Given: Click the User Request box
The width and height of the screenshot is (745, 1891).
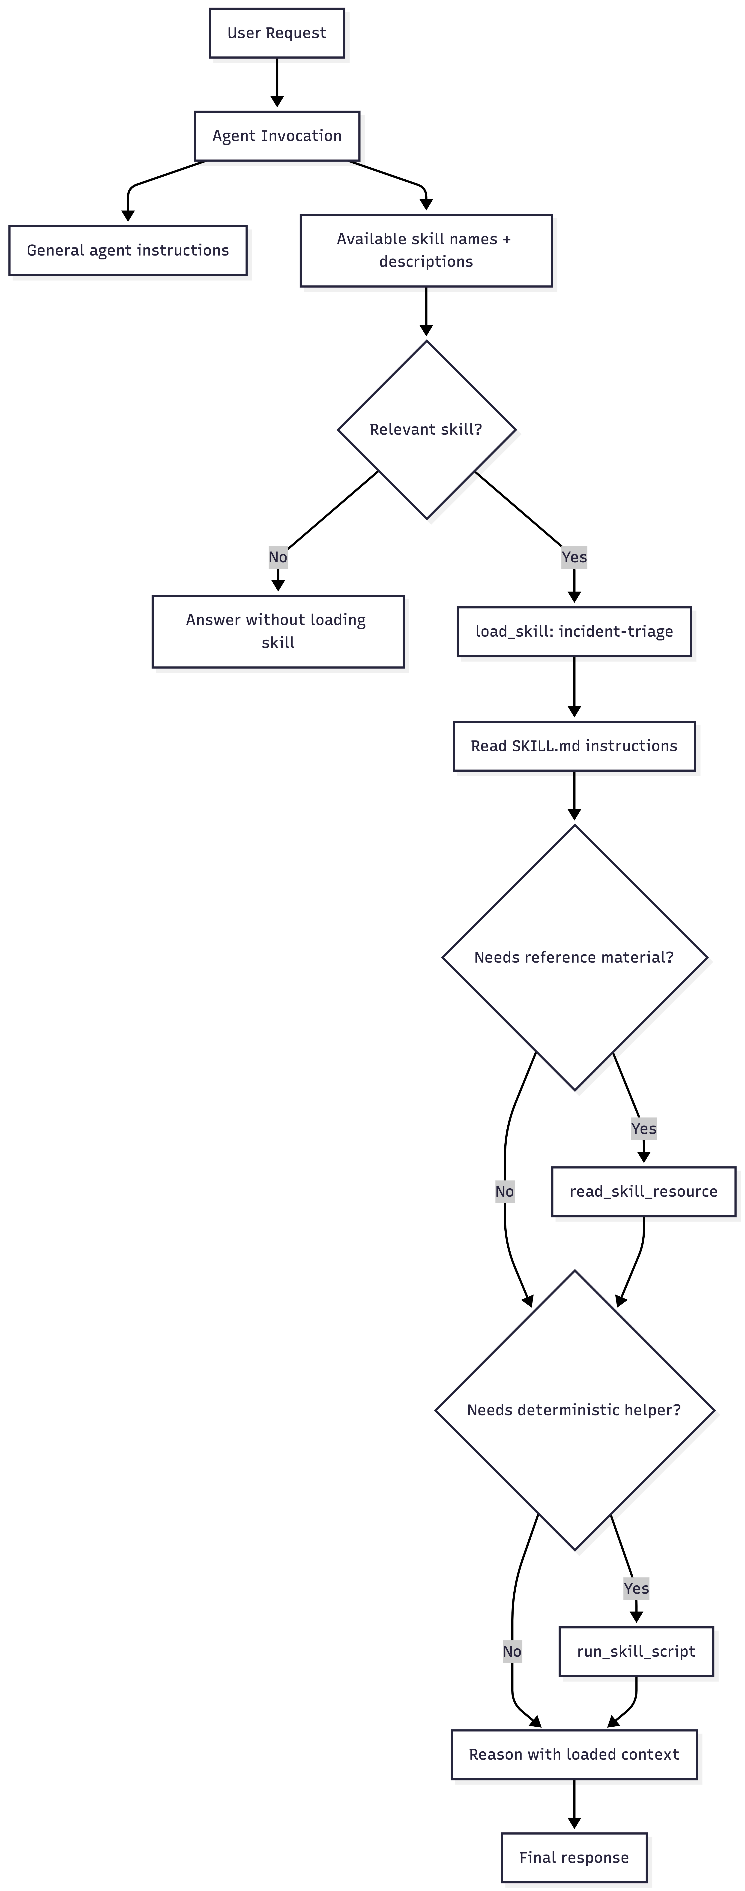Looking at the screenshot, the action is click(277, 33).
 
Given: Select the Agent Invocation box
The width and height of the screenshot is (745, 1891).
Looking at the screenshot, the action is click(277, 136).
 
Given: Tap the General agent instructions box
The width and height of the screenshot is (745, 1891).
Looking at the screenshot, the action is click(128, 250).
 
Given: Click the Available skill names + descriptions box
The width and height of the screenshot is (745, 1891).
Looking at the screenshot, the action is click(426, 250).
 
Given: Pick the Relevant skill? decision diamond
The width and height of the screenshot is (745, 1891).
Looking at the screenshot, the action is click(426, 429).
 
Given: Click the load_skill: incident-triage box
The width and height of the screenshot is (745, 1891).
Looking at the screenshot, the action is click(574, 631).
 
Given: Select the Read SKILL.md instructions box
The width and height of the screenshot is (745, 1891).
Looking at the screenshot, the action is click(574, 746).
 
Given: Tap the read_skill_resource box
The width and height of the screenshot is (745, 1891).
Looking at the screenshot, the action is click(644, 1191).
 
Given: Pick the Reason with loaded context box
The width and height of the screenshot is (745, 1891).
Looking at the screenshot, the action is click(574, 1754).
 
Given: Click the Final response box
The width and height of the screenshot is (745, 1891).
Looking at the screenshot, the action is click(574, 1857).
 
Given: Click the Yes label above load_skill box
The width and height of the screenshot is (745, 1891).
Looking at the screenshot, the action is click(574, 557).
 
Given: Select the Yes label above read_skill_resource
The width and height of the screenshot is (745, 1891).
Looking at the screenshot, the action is click(644, 1128).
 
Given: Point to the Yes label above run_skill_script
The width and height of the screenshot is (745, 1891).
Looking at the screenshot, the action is click(636, 1589).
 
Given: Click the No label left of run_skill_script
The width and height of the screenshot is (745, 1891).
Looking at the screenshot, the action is click(512, 1652).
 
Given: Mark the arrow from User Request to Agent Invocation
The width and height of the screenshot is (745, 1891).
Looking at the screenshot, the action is click(277, 82).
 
